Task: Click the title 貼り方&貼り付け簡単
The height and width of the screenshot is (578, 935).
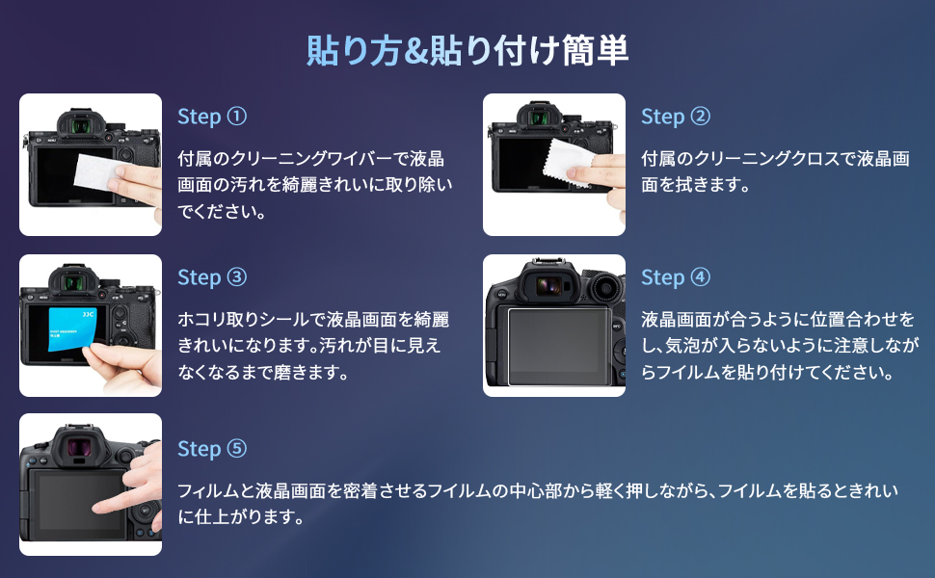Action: point(467,49)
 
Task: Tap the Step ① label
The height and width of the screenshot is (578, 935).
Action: point(212,117)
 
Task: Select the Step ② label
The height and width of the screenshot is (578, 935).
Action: point(676,117)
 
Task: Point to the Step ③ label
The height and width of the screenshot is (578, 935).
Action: point(212,277)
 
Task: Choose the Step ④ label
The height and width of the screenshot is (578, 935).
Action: point(676,277)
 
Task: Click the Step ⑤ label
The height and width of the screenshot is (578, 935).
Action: point(212,449)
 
